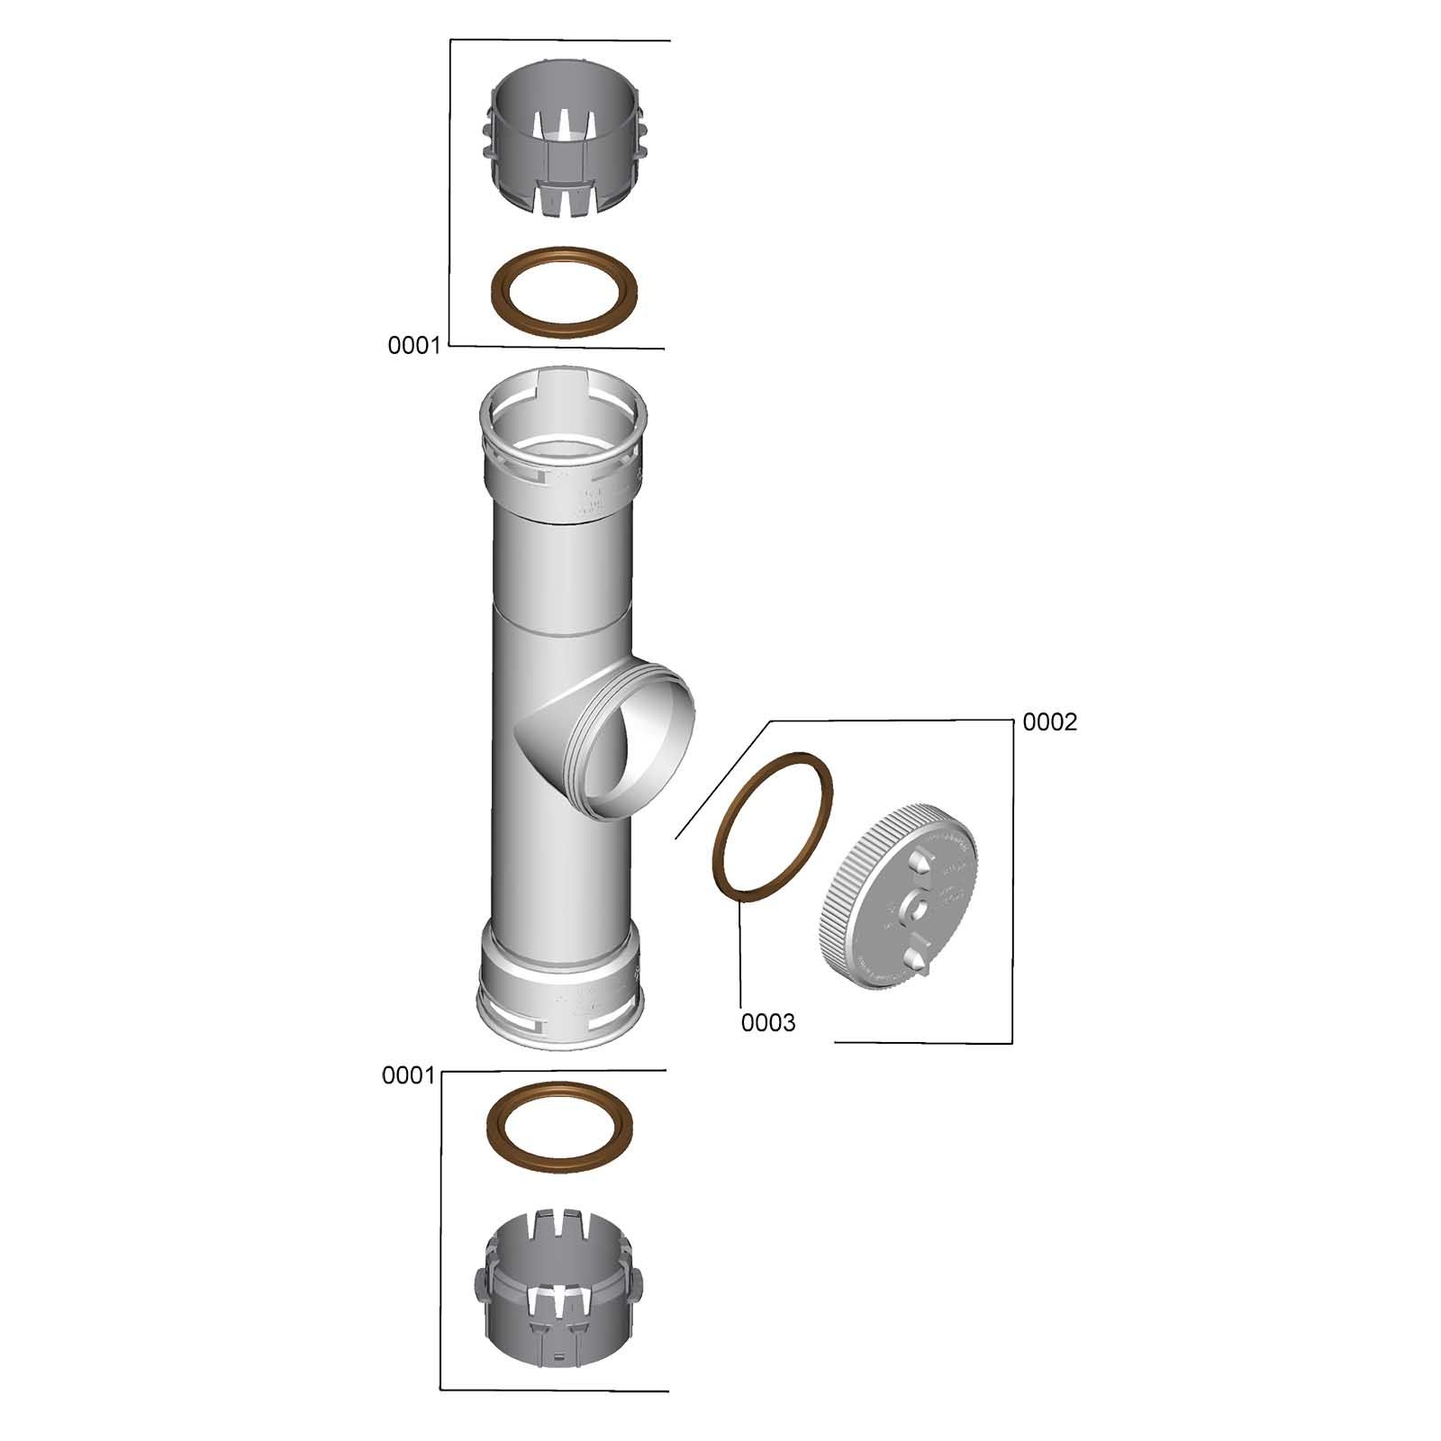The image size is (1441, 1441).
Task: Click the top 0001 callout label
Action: point(414,345)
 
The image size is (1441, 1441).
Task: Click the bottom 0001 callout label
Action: point(409,1075)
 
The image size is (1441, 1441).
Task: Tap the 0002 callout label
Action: point(1050,722)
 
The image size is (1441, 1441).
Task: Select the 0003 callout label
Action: point(768,1023)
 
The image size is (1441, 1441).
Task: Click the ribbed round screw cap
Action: point(901,902)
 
